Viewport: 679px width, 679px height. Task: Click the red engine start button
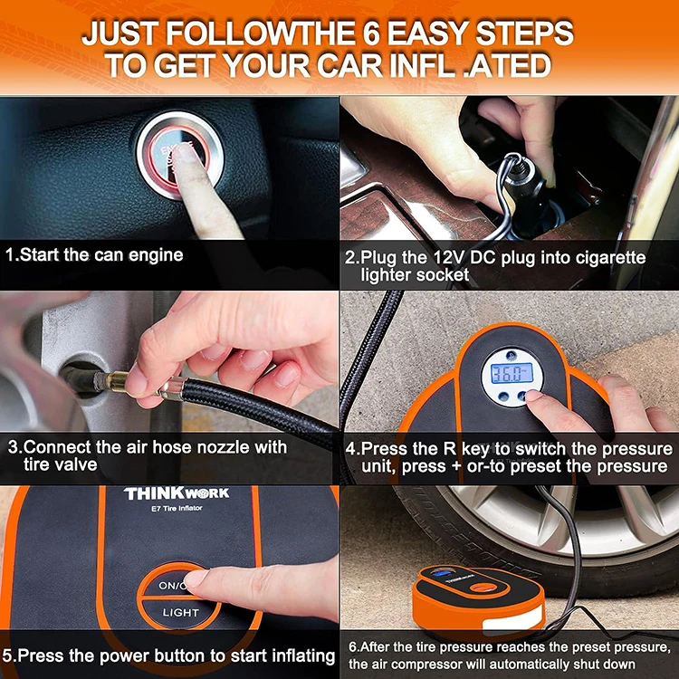[178, 155]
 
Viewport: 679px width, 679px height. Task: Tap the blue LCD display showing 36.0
[512, 373]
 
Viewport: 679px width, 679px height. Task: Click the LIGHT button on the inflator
[180, 612]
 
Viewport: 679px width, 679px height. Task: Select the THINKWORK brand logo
[177, 493]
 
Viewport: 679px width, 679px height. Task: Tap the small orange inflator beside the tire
[479, 598]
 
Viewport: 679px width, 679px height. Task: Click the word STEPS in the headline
[524, 33]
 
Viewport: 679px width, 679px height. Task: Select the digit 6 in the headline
[371, 33]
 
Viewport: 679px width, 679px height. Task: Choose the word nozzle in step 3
[225, 447]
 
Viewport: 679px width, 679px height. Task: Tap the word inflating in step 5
[302, 655]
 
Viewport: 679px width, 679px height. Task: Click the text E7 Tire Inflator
[177, 508]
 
